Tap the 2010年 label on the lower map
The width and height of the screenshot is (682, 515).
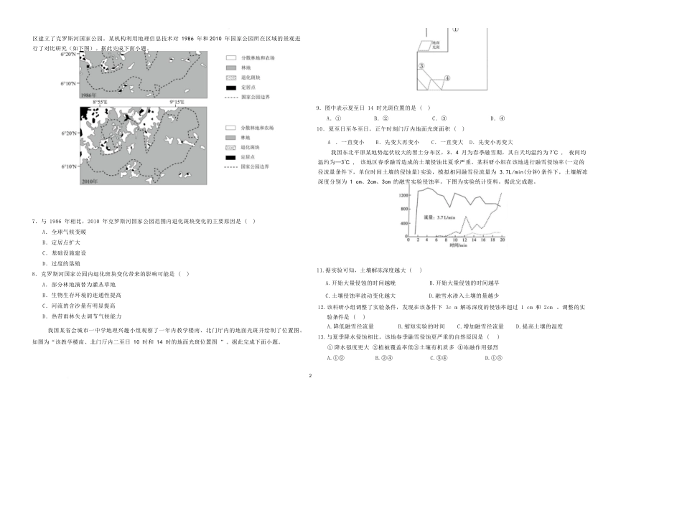(90, 182)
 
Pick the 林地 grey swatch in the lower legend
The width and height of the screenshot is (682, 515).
(230, 136)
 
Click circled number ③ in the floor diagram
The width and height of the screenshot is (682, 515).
(423, 66)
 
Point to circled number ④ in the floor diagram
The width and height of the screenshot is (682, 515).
(447, 78)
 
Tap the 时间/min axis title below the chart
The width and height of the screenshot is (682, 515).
(458, 245)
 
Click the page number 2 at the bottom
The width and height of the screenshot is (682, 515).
(309, 376)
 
